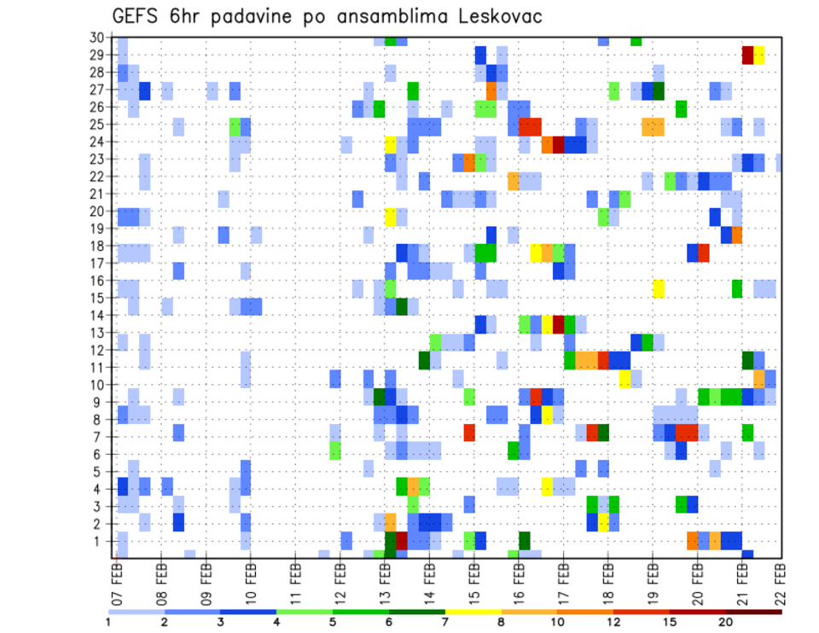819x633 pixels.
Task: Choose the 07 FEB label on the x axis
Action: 116,580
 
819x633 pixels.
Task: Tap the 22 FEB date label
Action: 781,580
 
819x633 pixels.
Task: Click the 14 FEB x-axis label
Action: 428,580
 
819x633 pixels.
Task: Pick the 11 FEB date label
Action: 295,580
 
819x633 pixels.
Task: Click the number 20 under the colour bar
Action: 725,622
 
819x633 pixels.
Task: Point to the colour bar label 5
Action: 334,622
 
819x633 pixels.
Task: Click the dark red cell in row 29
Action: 748,55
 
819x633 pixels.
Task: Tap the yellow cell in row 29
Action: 759,55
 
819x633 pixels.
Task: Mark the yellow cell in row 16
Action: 659,288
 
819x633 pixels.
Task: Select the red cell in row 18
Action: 704,253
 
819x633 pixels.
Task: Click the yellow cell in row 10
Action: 625,378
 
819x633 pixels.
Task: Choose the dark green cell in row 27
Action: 659,90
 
